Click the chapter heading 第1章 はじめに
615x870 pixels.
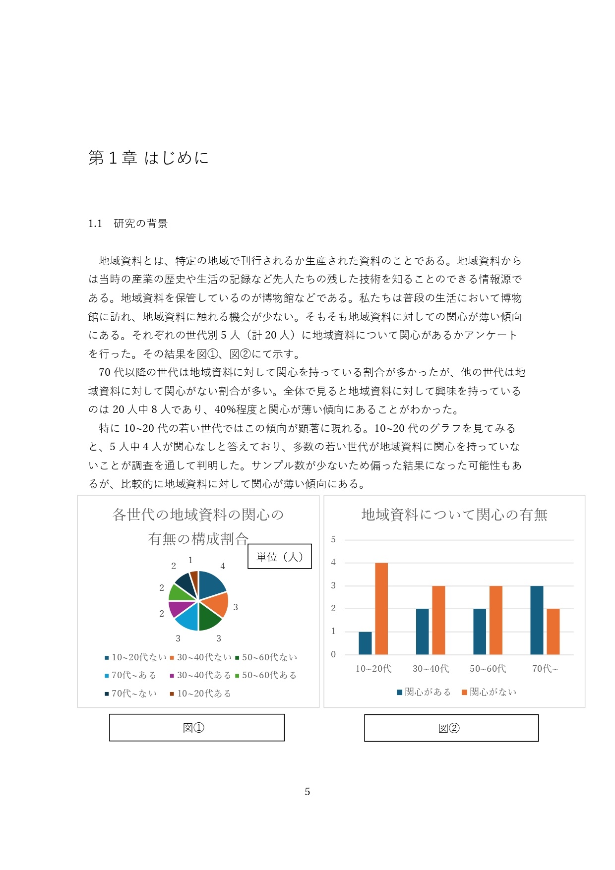click(x=148, y=158)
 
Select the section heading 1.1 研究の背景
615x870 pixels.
click(x=128, y=224)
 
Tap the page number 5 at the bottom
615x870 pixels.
click(x=307, y=792)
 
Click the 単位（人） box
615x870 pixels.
click(x=279, y=557)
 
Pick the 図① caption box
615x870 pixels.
click(x=196, y=728)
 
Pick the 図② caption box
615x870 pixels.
click(x=451, y=728)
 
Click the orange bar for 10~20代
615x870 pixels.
click(x=381, y=608)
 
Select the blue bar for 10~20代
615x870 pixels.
click(x=365, y=643)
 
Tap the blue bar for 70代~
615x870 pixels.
click(x=537, y=620)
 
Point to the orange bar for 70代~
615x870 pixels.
click(x=553, y=632)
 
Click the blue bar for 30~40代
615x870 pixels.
click(x=422, y=632)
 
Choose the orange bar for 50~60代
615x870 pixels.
click(x=496, y=620)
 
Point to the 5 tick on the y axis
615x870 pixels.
click(x=333, y=539)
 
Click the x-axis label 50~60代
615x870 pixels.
click(x=488, y=669)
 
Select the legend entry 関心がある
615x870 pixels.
click(x=424, y=692)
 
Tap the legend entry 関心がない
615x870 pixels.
click(x=489, y=692)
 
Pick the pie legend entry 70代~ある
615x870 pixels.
click(x=130, y=675)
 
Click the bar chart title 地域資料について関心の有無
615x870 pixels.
click(x=454, y=515)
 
